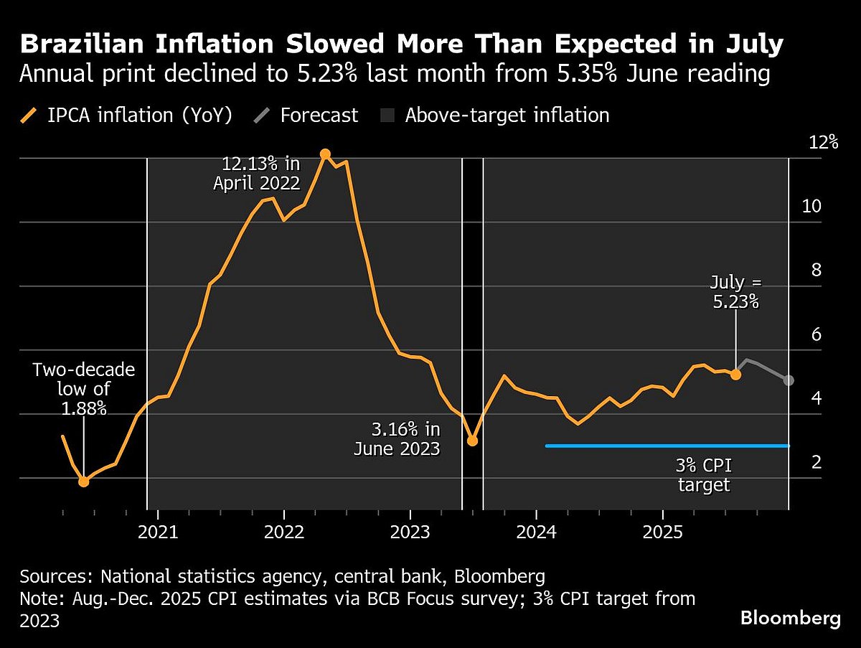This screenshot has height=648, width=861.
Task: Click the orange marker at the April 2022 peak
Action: click(x=325, y=154)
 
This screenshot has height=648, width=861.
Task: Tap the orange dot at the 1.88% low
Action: click(x=84, y=482)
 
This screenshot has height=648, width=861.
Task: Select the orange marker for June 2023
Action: click(x=472, y=440)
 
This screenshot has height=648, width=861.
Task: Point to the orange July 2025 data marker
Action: click(x=735, y=374)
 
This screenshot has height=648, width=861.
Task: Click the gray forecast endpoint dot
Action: click(x=789, y=380)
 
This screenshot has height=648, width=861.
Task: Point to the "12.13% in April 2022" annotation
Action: click(x=256, y=173)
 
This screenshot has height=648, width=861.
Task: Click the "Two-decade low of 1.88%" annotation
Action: click(x=84, y=389)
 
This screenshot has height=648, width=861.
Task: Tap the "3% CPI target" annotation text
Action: click(x=704, y=475)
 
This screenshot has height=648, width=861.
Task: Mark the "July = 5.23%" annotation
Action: click(x=735, y=291)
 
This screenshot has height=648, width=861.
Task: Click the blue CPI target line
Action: click(x=667, y=446)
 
